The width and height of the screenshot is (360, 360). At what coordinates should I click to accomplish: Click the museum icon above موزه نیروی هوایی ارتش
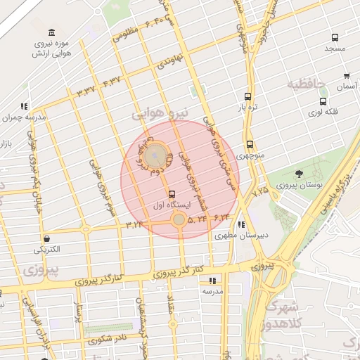pyautogui.click(x=52, y=33)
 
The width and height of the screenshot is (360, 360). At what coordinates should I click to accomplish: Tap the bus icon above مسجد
pyautogui.click(x=333, y=38)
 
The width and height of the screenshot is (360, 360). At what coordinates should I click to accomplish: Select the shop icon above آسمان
pyautogui.click(x=347, y=75)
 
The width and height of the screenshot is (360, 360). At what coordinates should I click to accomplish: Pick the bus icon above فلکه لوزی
pyautogui.click(x=323, y=101)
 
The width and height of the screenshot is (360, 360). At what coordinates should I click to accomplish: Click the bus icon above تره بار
pyautogui.click(x=247, y=96)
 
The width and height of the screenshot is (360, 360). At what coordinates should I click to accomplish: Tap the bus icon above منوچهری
pyautogui.click(x=250, y=144)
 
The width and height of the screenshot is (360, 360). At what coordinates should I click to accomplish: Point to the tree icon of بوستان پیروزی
pyautogui.click(x=300, y=174)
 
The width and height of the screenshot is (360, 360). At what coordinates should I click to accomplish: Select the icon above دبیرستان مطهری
pyautogui.click(x=242, y=225)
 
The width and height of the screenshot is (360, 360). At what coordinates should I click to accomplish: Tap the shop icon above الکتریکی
pyautogui.click(x=46, y=239)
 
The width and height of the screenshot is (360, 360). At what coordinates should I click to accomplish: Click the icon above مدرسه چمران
pyautogui.click(x=25, y=107)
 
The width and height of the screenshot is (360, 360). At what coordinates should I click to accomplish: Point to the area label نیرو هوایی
pyautogui.click(x=162, y=113)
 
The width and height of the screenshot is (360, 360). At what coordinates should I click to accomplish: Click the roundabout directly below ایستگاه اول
pyautogui.click(x=179, y=220)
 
